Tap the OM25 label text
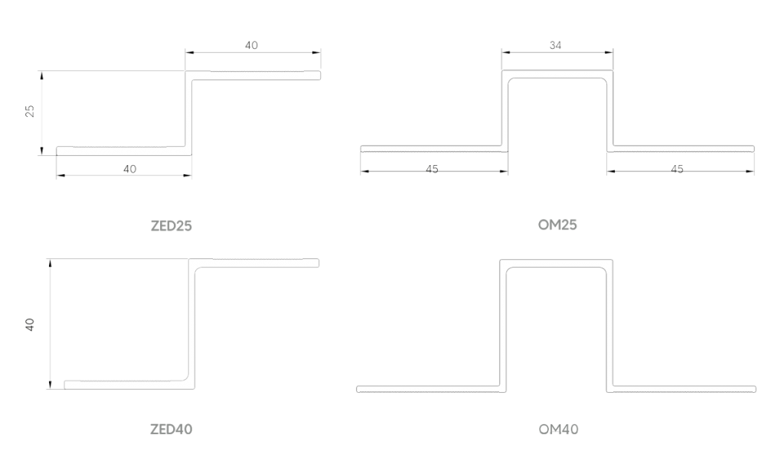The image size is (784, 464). (557, 225)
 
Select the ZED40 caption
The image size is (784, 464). (170, 430)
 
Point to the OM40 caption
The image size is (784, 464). (557, 430)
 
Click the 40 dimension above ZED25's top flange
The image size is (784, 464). (252, 45)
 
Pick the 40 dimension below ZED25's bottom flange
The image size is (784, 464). (130, 169)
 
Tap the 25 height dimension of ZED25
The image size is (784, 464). (30, 112)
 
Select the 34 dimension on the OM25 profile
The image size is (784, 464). (557, 45)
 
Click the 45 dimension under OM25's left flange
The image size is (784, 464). (432, 168)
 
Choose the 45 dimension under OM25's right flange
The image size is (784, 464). (677, 168)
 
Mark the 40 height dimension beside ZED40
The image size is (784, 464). (30, 324)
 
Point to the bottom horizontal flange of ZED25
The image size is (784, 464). (122, 150)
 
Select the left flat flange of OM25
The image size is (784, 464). (433, 148)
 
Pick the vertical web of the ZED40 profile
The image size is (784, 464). (192, 321)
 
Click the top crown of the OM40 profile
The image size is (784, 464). (557, 263)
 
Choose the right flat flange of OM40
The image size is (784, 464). (685, 388)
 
